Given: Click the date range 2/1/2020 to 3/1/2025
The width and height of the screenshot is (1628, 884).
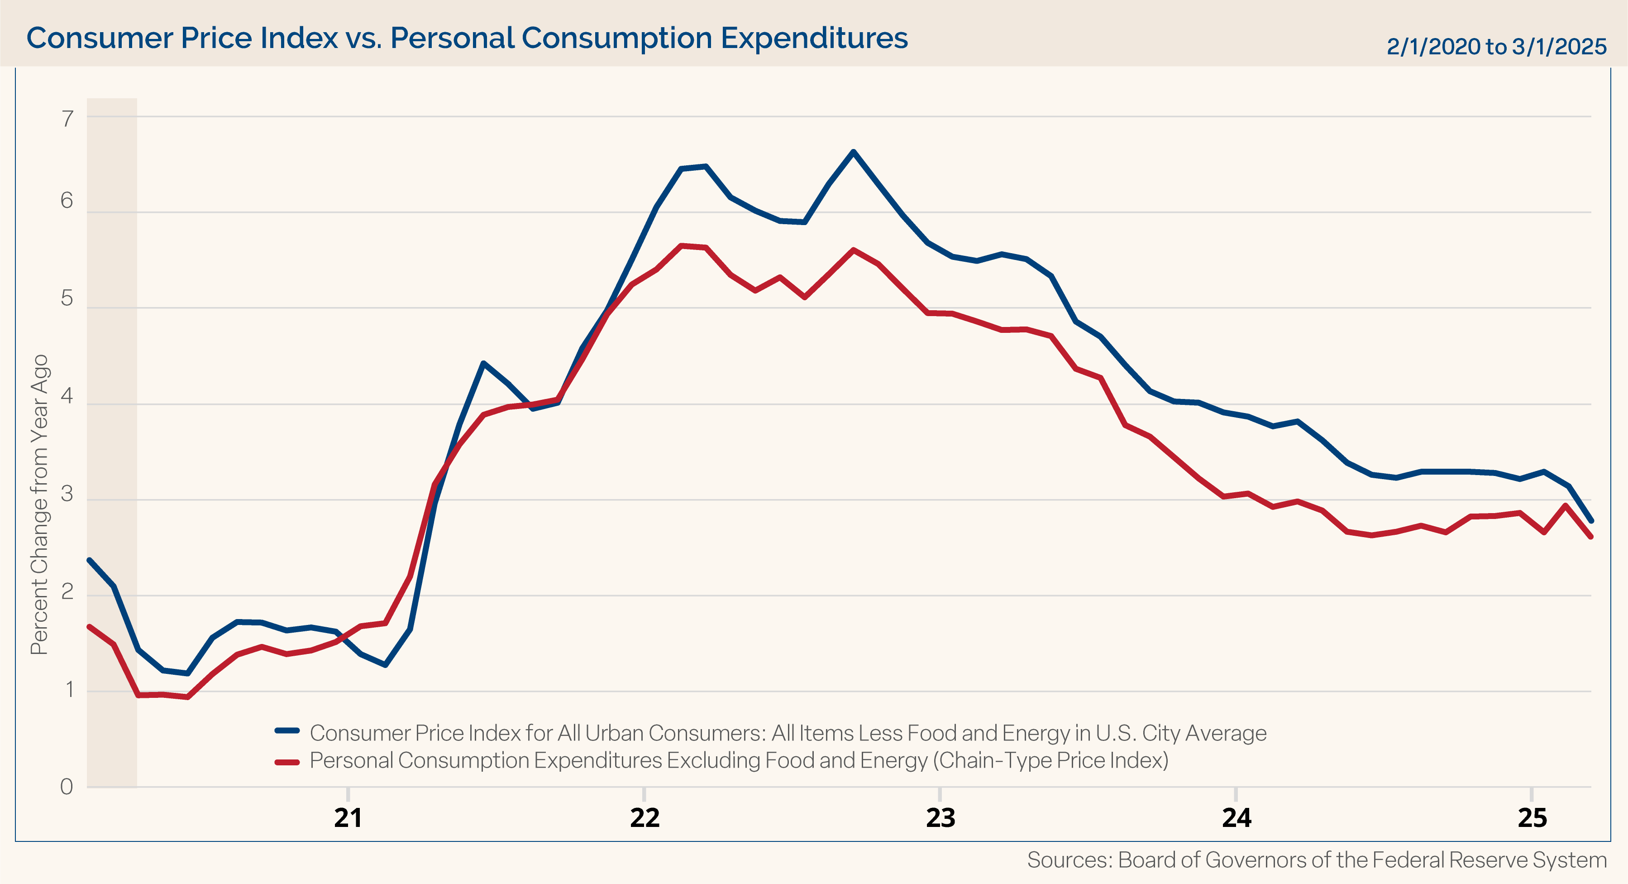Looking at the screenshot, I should (1496, 47).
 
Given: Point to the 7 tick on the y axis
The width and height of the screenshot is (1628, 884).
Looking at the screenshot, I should (67, 118).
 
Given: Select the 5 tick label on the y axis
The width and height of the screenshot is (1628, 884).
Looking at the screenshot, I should (67, 298).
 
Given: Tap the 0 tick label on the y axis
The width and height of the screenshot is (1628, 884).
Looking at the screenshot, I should (67, 787).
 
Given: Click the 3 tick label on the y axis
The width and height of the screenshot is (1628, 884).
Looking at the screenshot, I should (67, 494).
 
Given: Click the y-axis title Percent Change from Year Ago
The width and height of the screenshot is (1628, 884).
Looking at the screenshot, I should (39, 504).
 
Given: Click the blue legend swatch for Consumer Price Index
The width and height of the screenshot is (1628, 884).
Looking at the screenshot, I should (287, 731).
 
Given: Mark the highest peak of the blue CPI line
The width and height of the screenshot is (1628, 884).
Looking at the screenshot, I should (853, 152).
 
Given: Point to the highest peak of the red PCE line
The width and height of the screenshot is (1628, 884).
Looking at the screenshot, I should (681, 245).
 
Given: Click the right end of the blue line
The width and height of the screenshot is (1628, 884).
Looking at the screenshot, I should (1591, 521).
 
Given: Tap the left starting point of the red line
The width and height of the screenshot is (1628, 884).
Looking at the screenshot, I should (89, 627).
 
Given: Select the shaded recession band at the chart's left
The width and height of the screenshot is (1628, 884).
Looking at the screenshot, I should (112, 380).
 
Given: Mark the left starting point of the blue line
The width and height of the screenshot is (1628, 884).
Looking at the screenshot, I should (89, 560).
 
